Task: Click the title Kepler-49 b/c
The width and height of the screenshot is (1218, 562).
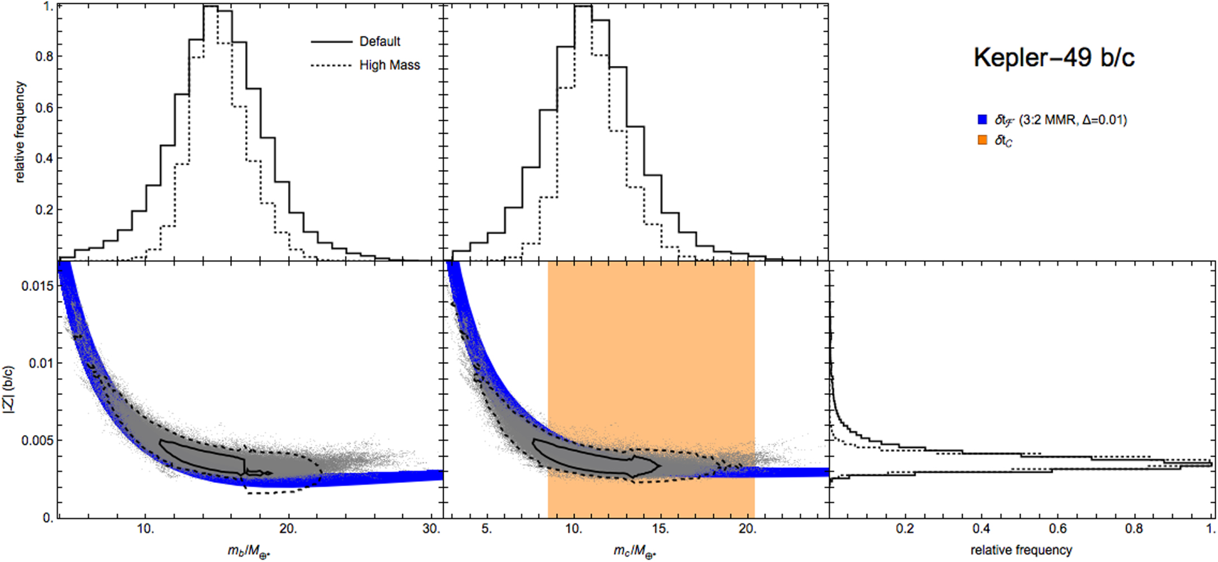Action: tap(1053, 58)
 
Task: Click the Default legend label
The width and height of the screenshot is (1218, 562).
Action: tap(380, 42)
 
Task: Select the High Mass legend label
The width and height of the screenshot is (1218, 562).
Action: tap(389, 65)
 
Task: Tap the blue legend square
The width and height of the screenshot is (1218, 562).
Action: tap(982, 120)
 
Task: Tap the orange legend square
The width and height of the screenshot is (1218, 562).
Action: tap(982, 140)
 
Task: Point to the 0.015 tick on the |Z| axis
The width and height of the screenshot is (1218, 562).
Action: tap(38, 286)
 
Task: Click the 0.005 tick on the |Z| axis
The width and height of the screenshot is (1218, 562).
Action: tap(38, 440)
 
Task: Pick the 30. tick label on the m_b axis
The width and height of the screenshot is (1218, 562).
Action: tap(431, 529)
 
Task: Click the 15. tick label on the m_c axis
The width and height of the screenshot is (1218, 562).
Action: tap(660, 529)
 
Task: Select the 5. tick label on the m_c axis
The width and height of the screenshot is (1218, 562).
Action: tap(487, 529)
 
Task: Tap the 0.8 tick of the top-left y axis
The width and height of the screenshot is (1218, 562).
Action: tap(45, 56)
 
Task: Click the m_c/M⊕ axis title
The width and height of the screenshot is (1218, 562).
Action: tap(635, 551)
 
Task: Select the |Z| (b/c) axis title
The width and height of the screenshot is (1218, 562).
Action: tap(10, 390)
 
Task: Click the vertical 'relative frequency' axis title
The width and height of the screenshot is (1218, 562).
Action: tap(20, 132)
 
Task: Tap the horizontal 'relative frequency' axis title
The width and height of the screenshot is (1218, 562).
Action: tap(1021, 550)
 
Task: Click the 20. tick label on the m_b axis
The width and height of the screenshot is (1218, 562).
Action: tap(288, 529)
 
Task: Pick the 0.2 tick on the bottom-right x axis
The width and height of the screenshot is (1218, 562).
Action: tap(905, 529)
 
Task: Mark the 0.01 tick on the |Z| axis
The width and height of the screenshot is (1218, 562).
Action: tap(40, 363)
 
